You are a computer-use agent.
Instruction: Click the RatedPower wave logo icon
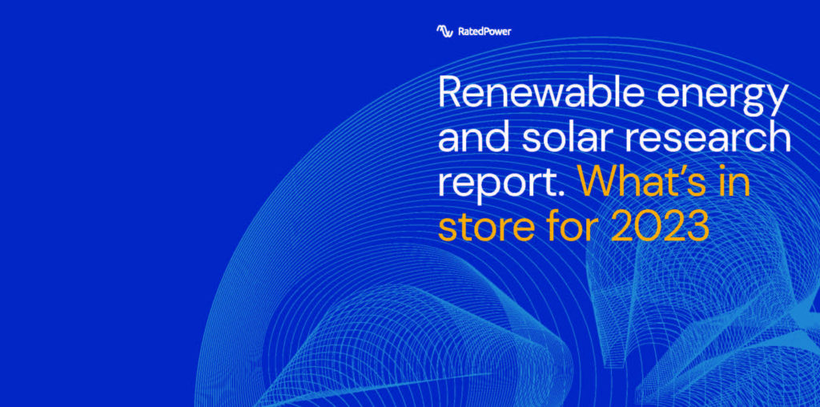pyautogui.click(x=444, y=31)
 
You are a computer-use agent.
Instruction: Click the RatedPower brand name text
pyautogui.click(x=484, y=31)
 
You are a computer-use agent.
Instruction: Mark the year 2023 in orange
pyautogui.click(x=660, y=225)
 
